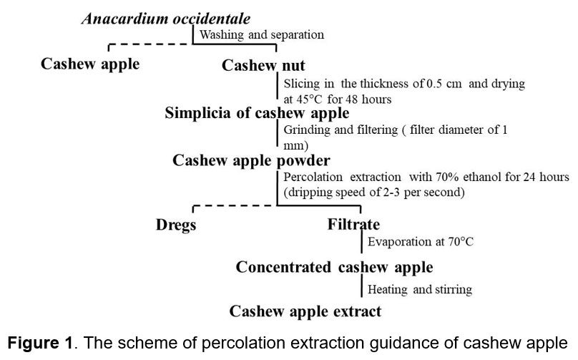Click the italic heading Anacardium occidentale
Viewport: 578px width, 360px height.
(166, 19)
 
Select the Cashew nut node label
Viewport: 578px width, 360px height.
(263, 65)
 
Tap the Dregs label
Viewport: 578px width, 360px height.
(176, 225)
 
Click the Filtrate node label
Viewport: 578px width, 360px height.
(353, 224)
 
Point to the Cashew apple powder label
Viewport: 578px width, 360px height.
(251, 161)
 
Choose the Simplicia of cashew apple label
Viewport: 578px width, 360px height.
(257, 113)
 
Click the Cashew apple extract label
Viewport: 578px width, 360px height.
(305, 311)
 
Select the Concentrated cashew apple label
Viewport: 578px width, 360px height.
(334, 268)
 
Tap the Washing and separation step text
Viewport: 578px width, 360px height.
(262, 34)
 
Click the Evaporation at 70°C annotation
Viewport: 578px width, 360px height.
(421, 242)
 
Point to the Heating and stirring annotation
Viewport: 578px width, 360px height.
(420, 290)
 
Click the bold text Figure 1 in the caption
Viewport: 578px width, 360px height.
(40, 343)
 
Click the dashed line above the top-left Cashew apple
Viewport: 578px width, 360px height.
(150, 44)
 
